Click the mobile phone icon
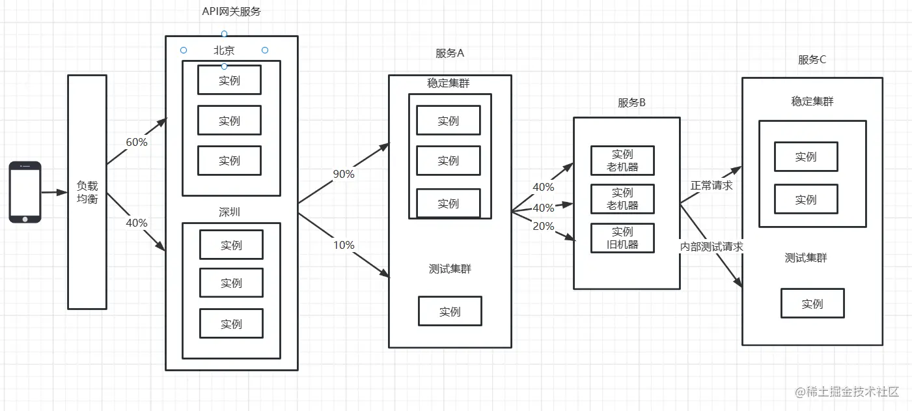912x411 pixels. click(25, 192)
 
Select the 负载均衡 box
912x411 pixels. click(87, 191)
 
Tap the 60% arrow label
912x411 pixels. click(137, 142)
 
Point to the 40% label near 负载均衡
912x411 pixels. click(137, 223)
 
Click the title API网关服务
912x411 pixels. click(231, 12)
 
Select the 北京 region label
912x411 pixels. click(224, 51)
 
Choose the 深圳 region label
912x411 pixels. click(230, 212)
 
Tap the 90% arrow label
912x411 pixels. click(343, 174)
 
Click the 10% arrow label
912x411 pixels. click(343, 245)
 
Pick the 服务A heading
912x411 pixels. click(450, 53)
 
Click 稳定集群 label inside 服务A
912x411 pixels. click(449, 83)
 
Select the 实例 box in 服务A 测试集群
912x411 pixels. click(450, 311)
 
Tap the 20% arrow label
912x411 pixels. click(544, 227)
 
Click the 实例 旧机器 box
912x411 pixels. click(622, 238)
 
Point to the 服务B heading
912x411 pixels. click(631, 103)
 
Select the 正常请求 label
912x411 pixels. click(712, 186)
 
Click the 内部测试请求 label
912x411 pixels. click(712, 248)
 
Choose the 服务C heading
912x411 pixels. click(812, 60)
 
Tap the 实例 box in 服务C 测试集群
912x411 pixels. click(812, 304)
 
